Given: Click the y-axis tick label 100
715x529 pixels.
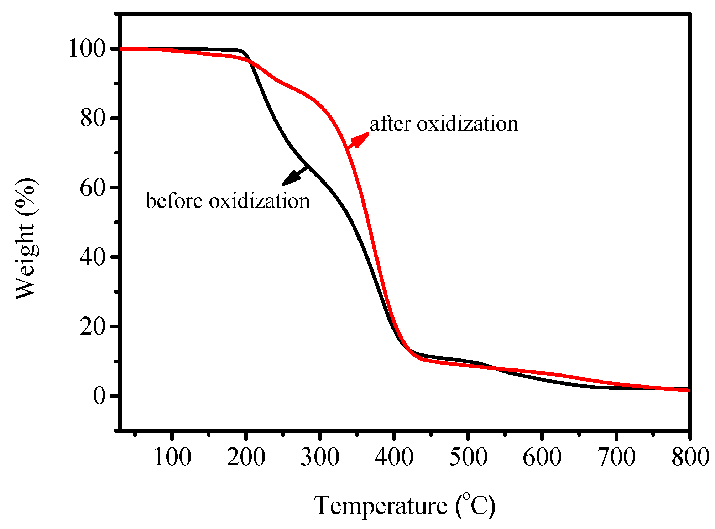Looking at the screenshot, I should pos(87,49).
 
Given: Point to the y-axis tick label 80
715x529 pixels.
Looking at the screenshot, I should pos(93,118).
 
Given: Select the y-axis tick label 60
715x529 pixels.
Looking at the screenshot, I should pos(93,188).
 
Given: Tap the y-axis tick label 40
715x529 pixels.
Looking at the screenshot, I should pos(93,257).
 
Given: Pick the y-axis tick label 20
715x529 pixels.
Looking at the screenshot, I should pos(93,326).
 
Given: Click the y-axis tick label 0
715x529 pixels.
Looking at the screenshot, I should pos(99,396).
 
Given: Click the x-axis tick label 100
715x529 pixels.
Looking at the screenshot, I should pos(172,457).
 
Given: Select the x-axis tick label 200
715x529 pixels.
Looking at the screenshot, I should pos(246,457).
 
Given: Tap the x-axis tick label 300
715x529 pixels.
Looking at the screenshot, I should pos(320,457).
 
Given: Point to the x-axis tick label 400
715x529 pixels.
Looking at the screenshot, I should pos(394,457).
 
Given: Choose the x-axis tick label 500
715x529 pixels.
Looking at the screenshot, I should pos(468,457).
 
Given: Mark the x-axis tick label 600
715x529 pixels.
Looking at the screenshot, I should pos(542,457).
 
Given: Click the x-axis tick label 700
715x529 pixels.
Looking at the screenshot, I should pos(616,457).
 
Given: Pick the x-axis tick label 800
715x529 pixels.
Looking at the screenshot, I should pos(689,457).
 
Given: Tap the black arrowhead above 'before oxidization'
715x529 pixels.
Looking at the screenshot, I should pos(290,179).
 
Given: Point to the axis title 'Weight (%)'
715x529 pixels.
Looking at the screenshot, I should pos(26,239).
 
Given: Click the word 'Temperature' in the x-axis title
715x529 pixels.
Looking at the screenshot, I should pos(380,506).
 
